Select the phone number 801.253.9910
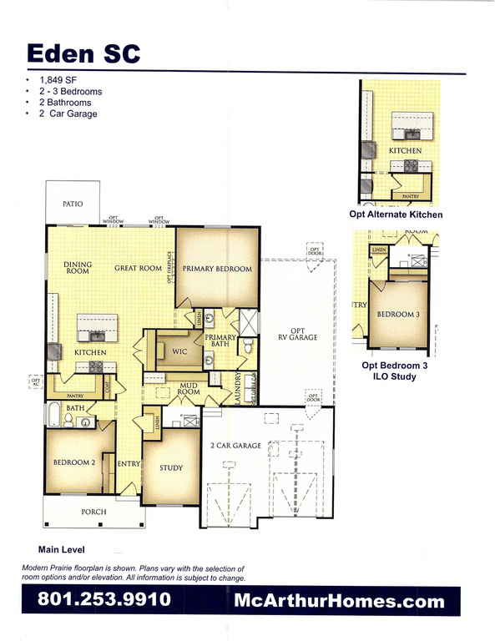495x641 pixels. click(x=104, y=599)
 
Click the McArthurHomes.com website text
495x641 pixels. click(x=339, y=599)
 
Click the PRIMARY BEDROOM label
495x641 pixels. click(x=217, y=269)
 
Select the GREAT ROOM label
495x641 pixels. click(x=139, y=268)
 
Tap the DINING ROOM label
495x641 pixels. click(x=78, y=268)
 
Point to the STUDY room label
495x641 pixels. click(x=171, y=468)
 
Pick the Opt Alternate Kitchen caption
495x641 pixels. click(x=396, y=215)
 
